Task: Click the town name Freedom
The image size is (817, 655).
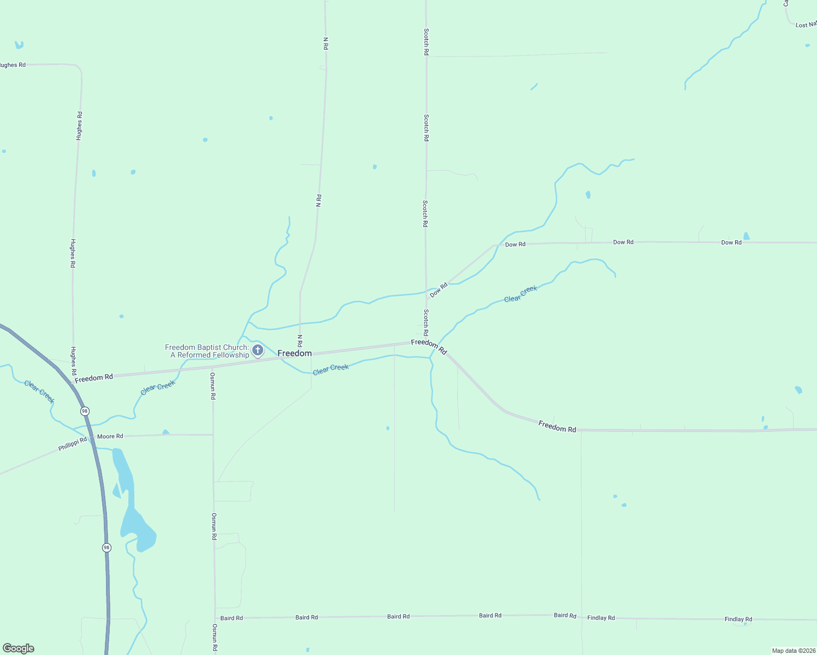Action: [294, 354]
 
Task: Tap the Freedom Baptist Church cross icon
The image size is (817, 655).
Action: [258, 349]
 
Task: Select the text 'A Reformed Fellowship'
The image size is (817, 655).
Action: [210, 355]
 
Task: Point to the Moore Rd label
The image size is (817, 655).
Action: [110, 436]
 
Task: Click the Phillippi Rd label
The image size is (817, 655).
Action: [73, 444]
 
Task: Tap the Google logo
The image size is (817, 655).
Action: [19, 648]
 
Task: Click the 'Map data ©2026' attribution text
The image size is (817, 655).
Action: [793, 651]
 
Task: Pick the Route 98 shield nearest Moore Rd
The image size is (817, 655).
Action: [84, 411]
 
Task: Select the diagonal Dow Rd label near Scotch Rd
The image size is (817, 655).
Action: [439, 290]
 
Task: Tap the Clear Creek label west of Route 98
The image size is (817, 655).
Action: [39, 391]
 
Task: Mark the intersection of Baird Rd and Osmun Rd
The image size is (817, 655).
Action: [215, 618]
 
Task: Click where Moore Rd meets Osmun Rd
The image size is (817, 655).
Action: [213, 435]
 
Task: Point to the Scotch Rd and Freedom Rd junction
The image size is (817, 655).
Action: [426, 342]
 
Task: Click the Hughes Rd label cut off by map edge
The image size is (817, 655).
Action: [12, 65]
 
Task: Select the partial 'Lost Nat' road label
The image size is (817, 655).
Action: [806, 25]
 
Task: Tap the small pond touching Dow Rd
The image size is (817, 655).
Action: [746, 236]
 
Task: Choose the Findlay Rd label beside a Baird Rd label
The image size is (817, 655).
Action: [601, 618]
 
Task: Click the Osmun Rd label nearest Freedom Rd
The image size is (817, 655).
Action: [213, 386]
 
